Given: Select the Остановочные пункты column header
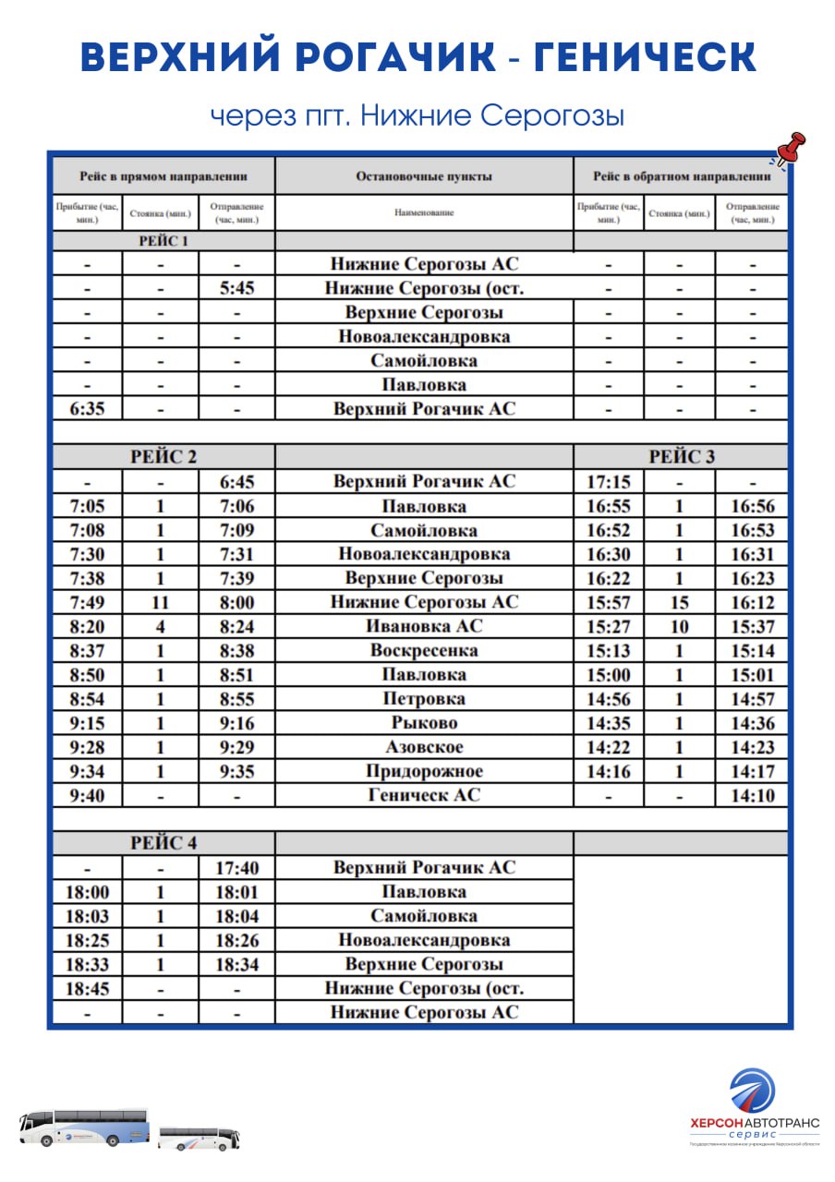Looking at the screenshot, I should tap(424, 176).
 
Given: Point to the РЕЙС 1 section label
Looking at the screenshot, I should tap(163, 242).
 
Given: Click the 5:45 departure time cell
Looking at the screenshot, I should tap(236, 288).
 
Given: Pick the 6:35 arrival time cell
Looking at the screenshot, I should tap(87, 408).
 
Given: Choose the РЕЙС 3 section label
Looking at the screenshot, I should tap(682, 457).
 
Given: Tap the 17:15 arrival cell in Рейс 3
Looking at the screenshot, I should tap(609, 481).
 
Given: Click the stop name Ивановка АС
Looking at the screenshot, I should tap(424, 626).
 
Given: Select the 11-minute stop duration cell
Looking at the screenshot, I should tap(161, 602).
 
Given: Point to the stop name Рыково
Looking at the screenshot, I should tap(424, 723).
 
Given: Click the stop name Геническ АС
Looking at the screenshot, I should tap(424, 795).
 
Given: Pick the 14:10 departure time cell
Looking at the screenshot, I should tap(752, 795).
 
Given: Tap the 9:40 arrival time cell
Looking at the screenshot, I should tap(87, 795).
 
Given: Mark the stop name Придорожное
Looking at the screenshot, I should tap(424, 771).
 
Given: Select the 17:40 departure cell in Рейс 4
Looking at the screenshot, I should tap(236, 868).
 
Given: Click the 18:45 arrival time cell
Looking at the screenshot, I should tap(87, 988).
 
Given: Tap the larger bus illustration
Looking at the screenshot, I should tap(84, 1127).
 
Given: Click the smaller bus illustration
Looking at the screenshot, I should tap(199, 1138).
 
